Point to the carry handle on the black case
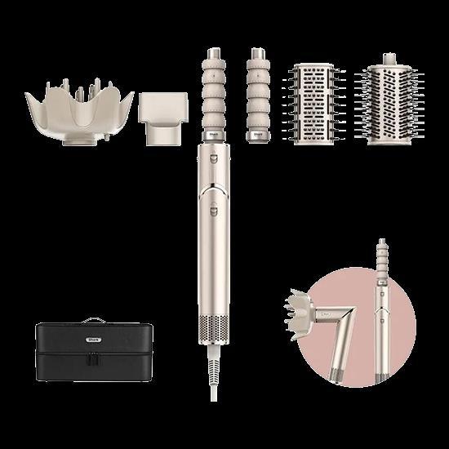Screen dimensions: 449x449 pos(92,320)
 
